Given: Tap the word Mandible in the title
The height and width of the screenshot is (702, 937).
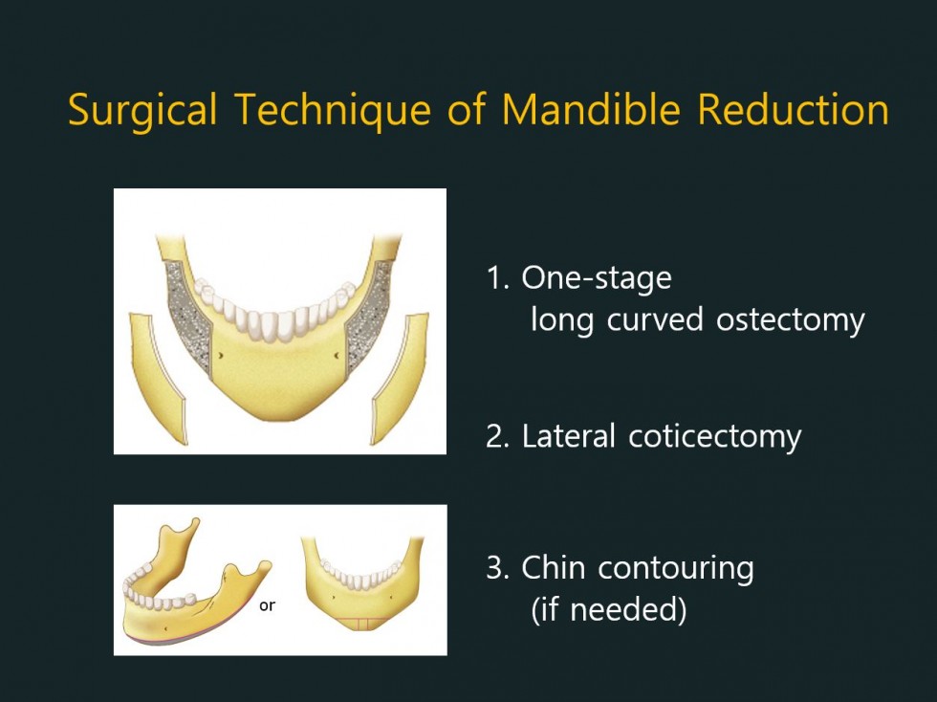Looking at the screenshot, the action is (x=591, y=109).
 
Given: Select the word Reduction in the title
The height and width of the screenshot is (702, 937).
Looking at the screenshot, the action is (x=793, y=109).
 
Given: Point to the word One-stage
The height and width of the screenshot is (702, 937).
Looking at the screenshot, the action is (x=597, y=278).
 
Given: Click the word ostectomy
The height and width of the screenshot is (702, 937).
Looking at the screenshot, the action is (x=790, y=319).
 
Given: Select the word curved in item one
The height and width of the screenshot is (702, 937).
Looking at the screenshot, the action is (x=655, y=318).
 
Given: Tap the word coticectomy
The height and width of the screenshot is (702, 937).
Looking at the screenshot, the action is (x=715, y=436).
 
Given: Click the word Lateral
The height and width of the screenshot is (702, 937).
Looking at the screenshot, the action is (x=568, y=435).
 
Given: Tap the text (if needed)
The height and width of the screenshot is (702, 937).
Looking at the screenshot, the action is (x=608, y=609).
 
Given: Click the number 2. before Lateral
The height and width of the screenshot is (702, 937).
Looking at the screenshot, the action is (x=497, y=436).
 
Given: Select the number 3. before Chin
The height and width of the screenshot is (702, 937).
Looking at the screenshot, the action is (x=497, y=567).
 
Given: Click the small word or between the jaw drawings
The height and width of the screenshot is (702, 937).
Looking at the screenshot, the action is (x=267, y=605).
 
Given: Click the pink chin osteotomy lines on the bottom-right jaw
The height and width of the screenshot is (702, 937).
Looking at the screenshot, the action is (x=360, y=623).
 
